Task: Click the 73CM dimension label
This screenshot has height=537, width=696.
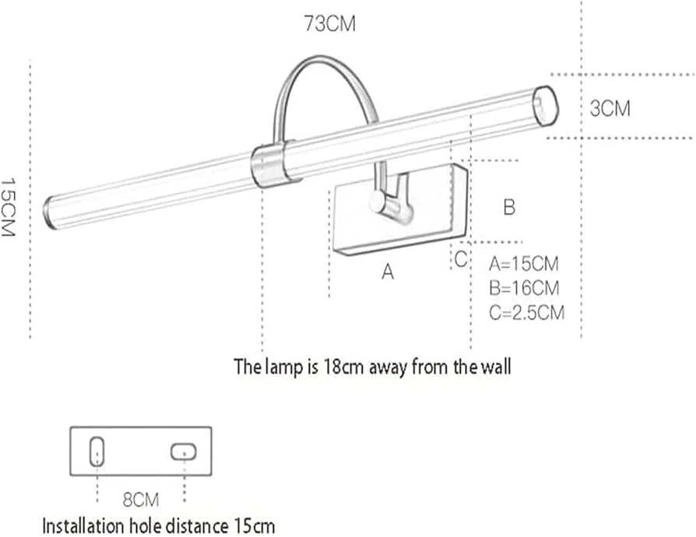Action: [x=331, y=25]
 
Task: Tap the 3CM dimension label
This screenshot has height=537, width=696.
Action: [x=610, y=109]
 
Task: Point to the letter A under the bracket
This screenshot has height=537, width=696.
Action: [x=387, y=273]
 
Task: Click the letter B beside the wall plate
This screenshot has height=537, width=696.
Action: [x=508, y=208]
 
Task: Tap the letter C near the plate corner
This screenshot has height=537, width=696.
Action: [x=461, y=259]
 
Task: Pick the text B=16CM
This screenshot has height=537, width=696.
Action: [x=524, y=288]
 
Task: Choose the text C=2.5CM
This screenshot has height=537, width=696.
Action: [x=527, y=313]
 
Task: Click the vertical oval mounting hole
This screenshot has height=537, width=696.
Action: [x=97, y=451]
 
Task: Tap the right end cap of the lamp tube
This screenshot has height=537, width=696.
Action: [x=547, y=105]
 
